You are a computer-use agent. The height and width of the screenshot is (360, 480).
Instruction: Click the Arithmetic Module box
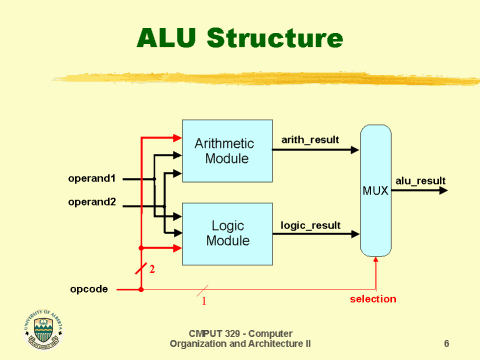[x=226, y=151]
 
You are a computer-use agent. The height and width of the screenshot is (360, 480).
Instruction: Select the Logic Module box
[x=226, y=234]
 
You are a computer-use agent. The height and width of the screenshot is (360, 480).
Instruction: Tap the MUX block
[x=375, y=189]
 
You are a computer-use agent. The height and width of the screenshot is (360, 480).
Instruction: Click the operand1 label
[x=91, y=179]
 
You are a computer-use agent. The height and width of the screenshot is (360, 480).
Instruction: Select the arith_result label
[x=310, y=141]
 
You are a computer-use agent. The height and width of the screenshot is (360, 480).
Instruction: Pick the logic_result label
[x=310, y=226]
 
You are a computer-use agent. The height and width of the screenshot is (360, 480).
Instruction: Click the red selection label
[x=372, y=299]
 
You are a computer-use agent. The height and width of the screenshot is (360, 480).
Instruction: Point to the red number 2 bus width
[x=152, y=269]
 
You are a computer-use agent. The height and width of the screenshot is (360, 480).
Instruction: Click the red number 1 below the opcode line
[x=204, y=299]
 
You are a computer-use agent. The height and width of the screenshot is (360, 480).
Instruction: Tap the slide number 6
[x=446, y=342]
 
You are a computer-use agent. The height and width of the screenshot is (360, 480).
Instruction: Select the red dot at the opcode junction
[x=140, y=290]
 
